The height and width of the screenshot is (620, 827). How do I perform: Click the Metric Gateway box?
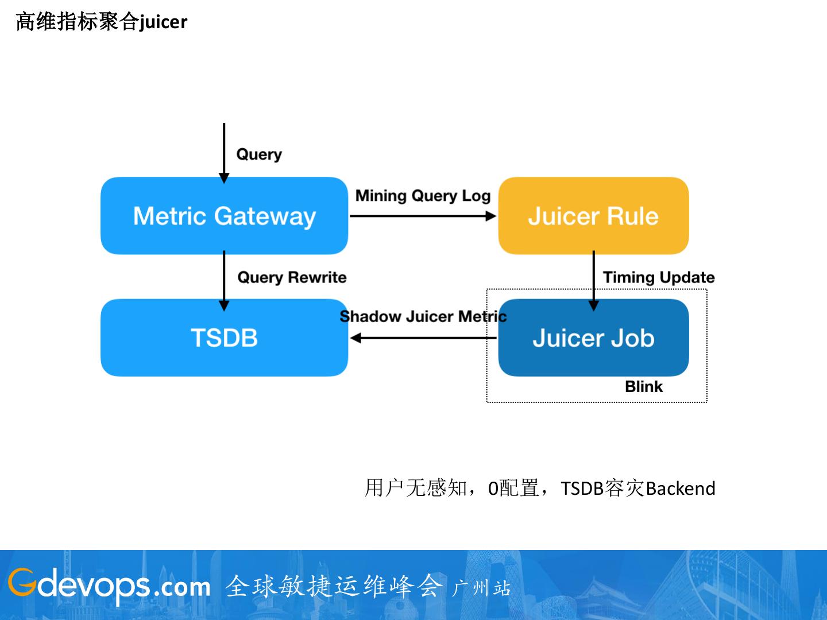224,216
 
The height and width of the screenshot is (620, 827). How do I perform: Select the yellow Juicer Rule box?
593,216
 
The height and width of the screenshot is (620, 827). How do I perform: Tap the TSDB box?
224,338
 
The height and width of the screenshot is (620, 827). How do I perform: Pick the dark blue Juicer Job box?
593,338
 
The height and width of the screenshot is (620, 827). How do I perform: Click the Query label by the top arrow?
259,154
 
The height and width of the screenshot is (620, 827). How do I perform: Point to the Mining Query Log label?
423,196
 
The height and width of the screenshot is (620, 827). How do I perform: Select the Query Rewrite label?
292,277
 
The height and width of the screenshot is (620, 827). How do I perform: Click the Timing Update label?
659,277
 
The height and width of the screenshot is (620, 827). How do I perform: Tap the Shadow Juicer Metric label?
423,316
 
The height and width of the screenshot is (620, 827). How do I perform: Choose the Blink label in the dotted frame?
644,386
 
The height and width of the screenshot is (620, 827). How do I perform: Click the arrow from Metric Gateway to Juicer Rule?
423,216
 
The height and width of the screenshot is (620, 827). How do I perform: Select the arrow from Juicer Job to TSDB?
423,338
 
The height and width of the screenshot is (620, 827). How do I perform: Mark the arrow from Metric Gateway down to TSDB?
224,281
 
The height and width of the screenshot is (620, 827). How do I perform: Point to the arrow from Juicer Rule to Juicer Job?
594,281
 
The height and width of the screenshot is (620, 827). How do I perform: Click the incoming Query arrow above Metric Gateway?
224,153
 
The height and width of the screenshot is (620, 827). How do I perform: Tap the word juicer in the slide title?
163,22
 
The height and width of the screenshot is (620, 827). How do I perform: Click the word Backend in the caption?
681,489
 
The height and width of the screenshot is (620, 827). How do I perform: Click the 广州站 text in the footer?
481,588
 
